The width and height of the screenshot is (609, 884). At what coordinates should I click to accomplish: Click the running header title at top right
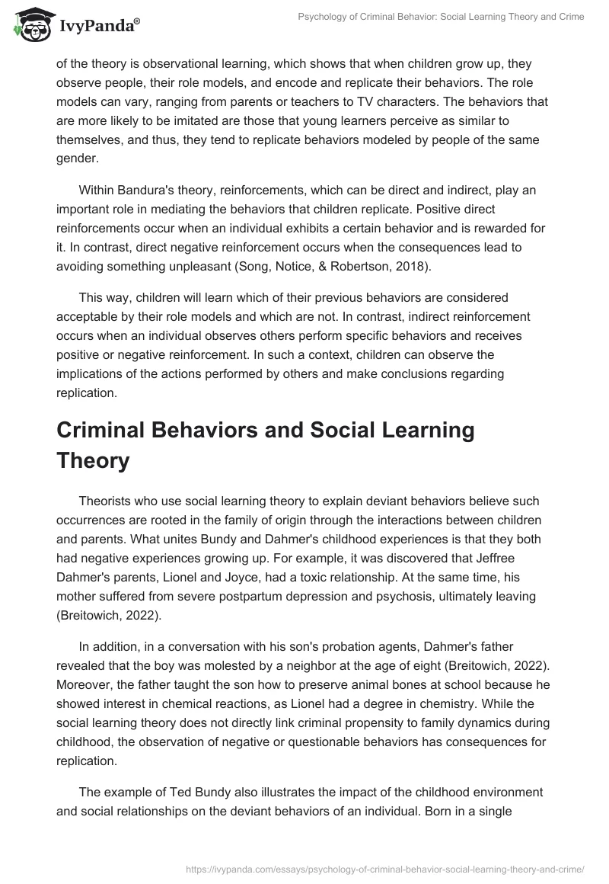pyautogui.click(x=442, y=17)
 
